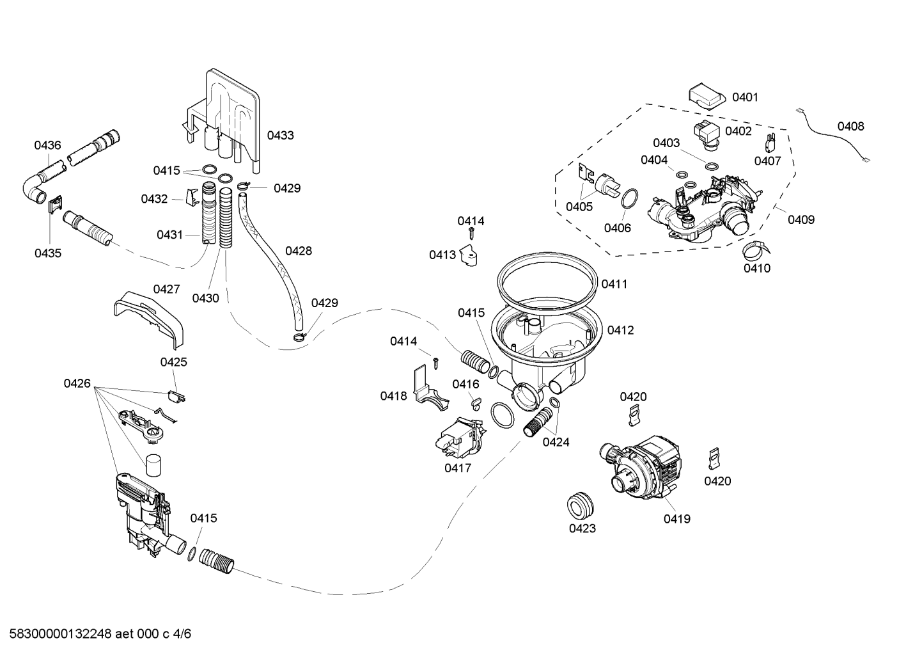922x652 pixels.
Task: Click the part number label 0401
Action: [745, 97]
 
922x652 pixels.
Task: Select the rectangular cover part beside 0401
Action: [707, 97]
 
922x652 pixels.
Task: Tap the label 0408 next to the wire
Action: [851, 126]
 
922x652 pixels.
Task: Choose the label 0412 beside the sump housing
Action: [621, 330]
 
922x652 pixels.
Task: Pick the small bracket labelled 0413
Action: [469, 255]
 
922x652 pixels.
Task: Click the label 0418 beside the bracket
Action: [393, 396]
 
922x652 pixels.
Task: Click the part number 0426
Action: [77, 383]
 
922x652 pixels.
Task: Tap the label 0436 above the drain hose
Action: [47, 145]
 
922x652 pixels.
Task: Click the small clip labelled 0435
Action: [55, 205]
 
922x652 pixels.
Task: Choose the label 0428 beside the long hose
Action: [299, 250]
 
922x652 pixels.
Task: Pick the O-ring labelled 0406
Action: [629, 199]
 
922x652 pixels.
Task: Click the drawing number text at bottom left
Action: [100, 634]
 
